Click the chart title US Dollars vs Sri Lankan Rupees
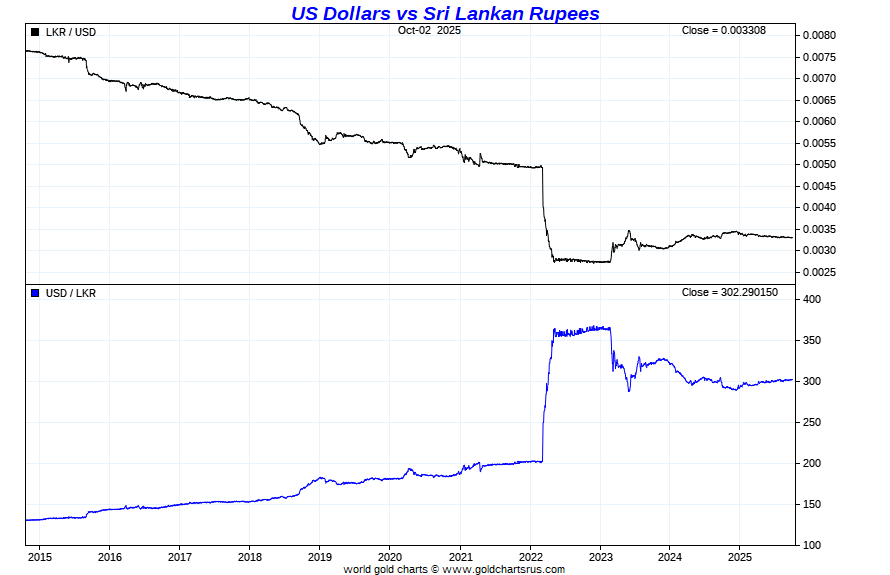tap(445, 13)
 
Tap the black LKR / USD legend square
tap(35, 32)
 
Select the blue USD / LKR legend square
tap(35, 293)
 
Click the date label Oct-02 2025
tap(429, 30)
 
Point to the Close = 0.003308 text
tap(723, 30)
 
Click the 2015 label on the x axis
tap(40, 557)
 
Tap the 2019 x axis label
tap(320, 557)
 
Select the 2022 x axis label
tap(530, 557)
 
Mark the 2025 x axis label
tap(739, 557)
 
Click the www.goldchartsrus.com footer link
tap(503, 569)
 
